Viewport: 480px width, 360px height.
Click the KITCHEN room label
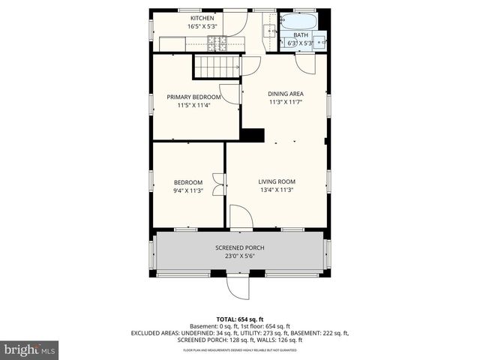tap(202, 18)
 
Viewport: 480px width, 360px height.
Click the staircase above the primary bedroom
tap(217, 66)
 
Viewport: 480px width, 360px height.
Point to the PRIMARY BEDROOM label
tap(193, 97)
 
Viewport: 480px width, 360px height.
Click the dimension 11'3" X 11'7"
tap(286, 103)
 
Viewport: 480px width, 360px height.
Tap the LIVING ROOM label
tap(277, 181)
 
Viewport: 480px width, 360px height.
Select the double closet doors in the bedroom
tap(217, 184)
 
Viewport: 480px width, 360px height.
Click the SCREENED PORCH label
tap(239, 247)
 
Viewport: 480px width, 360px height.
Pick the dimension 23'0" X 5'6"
tap(239, 256)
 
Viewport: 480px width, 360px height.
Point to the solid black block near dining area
tap(253, 135)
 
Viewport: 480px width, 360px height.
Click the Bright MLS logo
tap(30, 349)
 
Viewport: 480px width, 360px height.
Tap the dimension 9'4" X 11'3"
tap(188, 191)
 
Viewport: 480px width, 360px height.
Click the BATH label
tap(300, 35)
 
